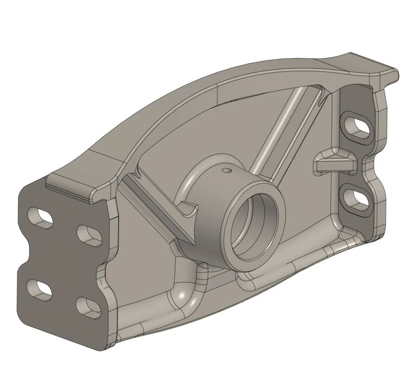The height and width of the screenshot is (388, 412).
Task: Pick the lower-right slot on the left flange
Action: pos(88,307)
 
